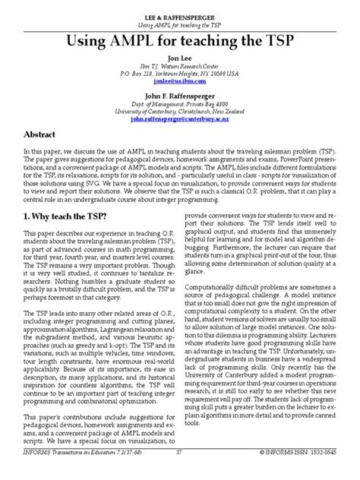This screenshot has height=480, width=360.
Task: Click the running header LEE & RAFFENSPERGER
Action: click(x=180, y=16)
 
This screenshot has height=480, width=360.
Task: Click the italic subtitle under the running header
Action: click(x=180, y=24)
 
